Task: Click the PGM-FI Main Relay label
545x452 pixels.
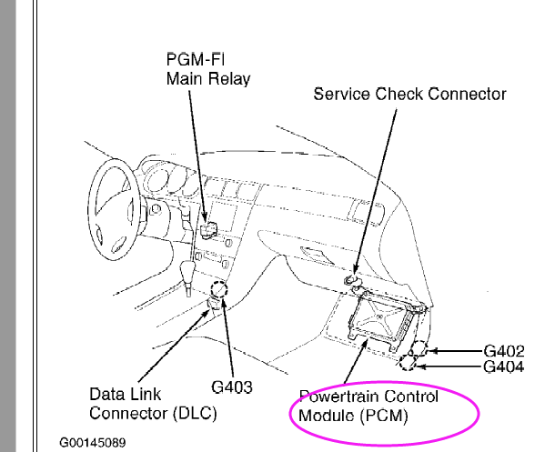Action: coord(207,69)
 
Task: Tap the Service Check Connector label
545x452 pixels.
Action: coord(409,95)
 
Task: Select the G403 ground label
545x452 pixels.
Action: coord(232,387)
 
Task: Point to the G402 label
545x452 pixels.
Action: coord(504,351)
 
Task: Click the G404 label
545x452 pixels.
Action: coord(504,367)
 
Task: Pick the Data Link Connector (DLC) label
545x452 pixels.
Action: coord(153,404)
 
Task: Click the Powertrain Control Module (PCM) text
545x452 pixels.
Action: coord(368,406)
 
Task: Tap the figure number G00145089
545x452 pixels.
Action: coord(93,443)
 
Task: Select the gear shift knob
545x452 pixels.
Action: coord(187,275)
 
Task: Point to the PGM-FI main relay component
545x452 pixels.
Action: coord(208,230)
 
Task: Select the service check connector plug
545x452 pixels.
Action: coord(352,280)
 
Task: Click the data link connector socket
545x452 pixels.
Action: coord(215,303)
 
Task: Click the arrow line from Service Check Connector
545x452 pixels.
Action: coord(375,192)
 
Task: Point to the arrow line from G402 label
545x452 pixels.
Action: coord(455,351)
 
